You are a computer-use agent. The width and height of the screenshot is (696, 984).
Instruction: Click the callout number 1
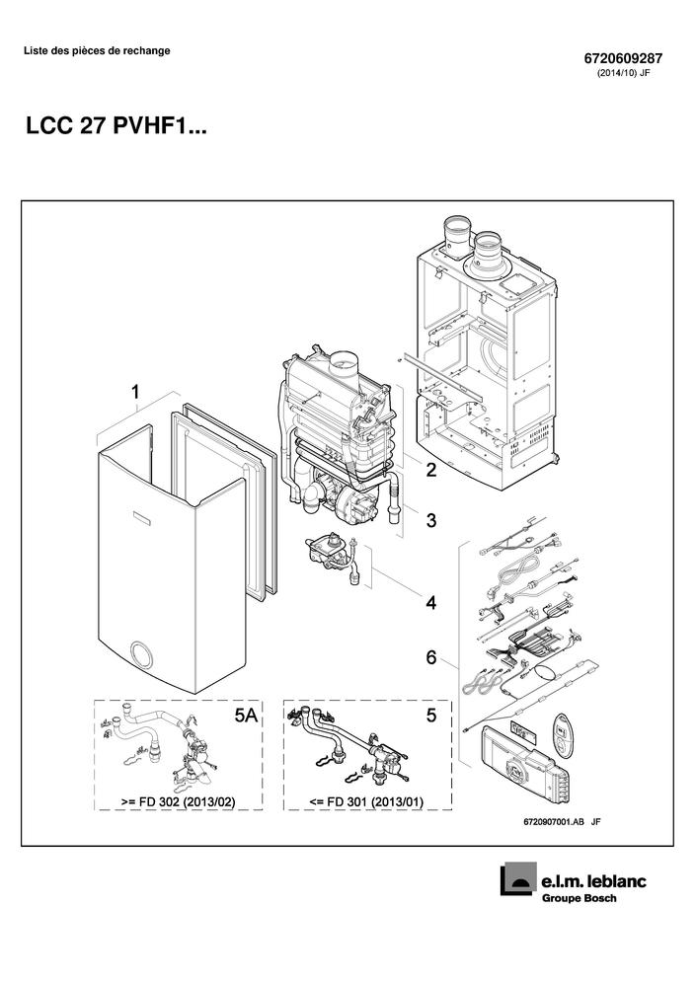[135, 393]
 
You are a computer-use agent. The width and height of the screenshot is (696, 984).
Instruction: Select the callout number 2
[431, 470]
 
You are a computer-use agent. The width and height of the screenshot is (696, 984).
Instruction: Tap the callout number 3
[431, 520]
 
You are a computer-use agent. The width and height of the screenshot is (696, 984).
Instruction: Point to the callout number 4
[431, 603]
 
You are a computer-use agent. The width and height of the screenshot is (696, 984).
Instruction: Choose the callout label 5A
[247, 716]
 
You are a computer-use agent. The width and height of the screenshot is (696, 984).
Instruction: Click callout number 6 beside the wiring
[431, 657]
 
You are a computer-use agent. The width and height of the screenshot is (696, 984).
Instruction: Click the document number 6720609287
[623, 58]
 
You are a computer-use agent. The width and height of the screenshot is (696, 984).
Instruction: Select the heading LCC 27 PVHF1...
[116, 126]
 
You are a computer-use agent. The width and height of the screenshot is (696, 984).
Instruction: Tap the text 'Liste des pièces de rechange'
[98, 51]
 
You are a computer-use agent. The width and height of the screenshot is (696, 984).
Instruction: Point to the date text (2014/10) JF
[623, 73]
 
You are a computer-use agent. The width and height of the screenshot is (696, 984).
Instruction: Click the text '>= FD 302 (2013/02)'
[179, 802]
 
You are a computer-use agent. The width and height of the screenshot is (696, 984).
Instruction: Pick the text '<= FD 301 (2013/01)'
[366, 802]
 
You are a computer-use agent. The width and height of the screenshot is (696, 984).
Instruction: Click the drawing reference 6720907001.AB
[554, 822]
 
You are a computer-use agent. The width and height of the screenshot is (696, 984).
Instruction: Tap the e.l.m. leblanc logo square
[518, 879]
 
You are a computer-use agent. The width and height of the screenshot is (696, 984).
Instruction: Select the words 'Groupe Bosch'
[580, 898]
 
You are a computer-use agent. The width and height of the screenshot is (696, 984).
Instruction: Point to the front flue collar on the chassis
[488, 256]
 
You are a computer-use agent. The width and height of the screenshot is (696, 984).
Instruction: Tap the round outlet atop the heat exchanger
[344, 363]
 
